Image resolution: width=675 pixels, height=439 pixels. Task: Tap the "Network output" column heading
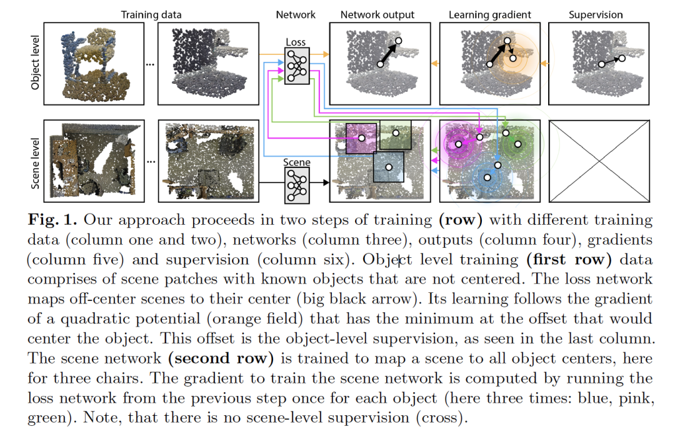pos(377,14)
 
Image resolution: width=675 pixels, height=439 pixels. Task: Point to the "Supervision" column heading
pos(594,14)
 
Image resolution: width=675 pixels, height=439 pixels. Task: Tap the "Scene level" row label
pos(37,161)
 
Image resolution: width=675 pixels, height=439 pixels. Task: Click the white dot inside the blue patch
pos(388,167)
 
